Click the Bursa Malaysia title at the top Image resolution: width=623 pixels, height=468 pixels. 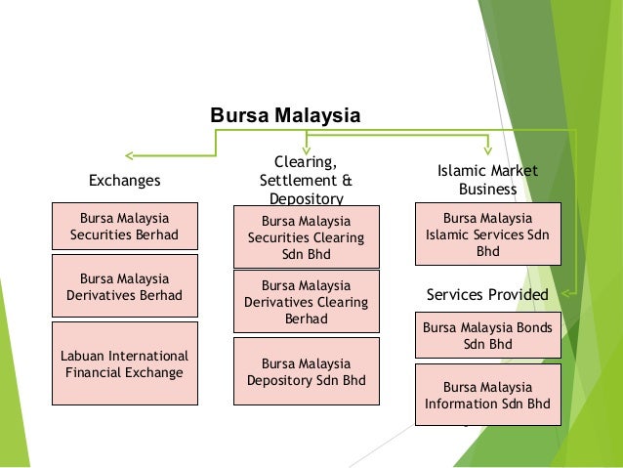(x=285, y=117)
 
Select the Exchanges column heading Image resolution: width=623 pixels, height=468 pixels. (x=124, y=181)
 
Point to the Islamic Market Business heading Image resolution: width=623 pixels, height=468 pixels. (x=487, y=180)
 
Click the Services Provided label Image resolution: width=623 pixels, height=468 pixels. (x=487, y=294)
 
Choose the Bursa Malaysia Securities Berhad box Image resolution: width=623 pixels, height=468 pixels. (x=124, y=227)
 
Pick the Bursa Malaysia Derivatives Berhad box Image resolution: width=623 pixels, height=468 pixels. (x=124, y=286)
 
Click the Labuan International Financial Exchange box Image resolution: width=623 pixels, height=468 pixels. (x=124, y=362)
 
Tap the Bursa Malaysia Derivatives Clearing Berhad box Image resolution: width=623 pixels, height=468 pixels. (x=306, y=302)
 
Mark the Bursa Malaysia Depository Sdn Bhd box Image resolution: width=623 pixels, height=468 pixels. (x=306, y=371)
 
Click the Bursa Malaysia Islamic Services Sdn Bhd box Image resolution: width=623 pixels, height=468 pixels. (x=487, y=234)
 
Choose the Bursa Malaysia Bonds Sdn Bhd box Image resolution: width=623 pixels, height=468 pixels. (x=487, y=337)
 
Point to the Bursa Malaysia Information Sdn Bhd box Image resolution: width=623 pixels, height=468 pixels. (x=487, y=395)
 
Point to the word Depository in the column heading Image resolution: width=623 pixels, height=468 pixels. (x=305, y=198)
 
